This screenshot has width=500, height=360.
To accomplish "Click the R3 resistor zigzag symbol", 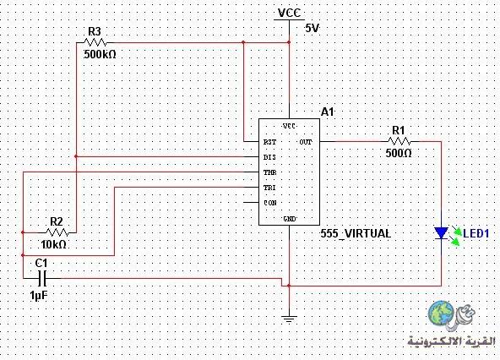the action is coord(95,42).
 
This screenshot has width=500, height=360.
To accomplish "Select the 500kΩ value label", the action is coord(100,55).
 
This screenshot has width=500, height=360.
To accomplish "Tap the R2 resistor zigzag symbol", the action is coord(57,232).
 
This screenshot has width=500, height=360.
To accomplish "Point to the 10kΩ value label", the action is coord(54,244).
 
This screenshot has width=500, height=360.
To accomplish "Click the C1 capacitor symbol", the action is coord(42,278).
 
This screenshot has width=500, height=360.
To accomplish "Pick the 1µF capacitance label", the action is coord(39,296).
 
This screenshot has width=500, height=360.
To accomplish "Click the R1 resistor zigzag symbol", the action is coord(399,141).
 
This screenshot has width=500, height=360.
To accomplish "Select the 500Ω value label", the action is coord(399,153).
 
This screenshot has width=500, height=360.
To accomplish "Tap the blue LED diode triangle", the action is coord(442,233).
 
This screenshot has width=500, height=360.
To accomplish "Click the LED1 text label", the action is coord(476,233).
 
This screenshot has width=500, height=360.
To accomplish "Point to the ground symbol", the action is coord(289,319).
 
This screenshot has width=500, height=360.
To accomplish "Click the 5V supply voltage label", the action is coord(312,29).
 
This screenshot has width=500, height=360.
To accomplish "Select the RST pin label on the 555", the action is coord(269,142).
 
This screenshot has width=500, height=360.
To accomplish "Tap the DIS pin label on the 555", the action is coord(269,157).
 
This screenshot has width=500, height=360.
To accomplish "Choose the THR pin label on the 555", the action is coord(269,172).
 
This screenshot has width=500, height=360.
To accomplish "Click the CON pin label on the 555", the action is coord(270,203).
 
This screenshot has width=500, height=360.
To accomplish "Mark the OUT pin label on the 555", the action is coord(306,142).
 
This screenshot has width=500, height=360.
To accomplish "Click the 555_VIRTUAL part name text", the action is coord(356,233).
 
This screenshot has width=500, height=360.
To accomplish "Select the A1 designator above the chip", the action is coord(327,112).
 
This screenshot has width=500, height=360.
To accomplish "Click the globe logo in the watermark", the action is coord(442,313).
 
